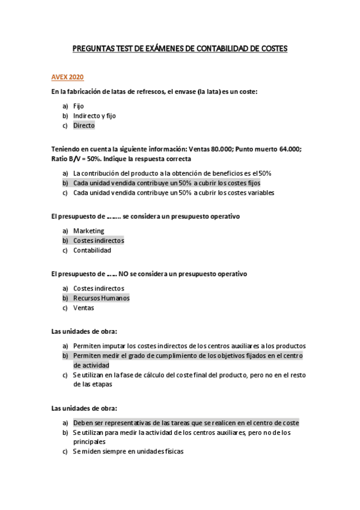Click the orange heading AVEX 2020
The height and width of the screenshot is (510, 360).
(67, 78)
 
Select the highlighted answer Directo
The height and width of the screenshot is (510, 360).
(84, 126)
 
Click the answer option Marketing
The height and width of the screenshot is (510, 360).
(88, 230)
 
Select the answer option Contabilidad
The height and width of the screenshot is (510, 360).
(92, 250)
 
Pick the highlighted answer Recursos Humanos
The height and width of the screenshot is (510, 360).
(101, 298)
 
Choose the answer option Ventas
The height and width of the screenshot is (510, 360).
(84, 307)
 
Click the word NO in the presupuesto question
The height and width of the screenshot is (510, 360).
(123, 274)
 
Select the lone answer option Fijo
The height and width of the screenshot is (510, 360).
(78, 106)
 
